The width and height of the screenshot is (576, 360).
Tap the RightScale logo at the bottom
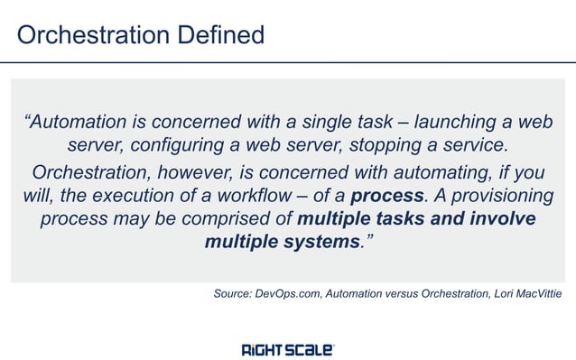288,349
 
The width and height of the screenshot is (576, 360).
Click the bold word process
386,196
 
